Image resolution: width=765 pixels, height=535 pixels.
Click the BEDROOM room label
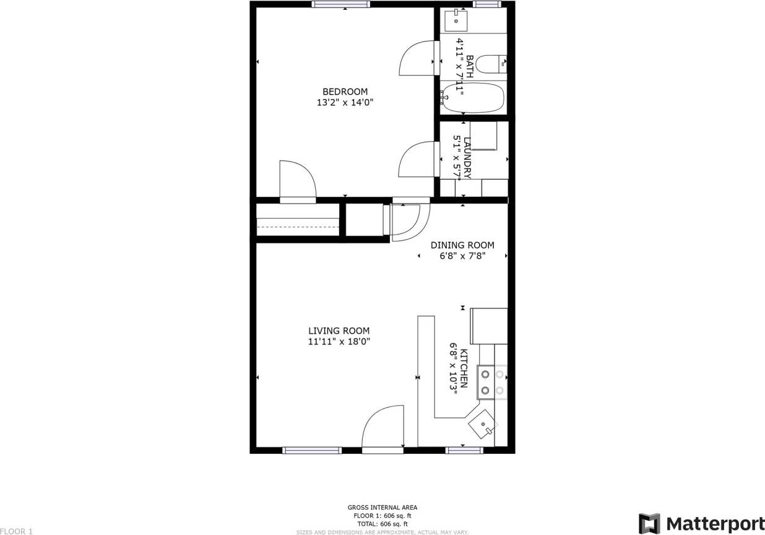(x=345, y=92)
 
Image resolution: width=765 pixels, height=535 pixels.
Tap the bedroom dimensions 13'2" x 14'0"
(x=345, y=103)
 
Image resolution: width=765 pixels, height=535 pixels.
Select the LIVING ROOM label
(x=339, y=331)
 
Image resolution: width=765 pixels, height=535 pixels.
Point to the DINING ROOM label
(x=462, y=245)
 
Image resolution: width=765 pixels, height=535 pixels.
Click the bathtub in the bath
(x=473, y=98)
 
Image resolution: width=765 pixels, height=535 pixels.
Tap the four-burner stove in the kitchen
(x=492, y=382)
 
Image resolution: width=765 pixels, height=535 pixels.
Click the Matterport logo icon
(x=649, y=523)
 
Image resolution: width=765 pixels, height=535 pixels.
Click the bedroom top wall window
(x=340, y=4)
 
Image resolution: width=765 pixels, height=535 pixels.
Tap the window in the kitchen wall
(x=465, y=450)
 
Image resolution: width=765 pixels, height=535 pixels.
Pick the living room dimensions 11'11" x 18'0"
(x=339, y=341)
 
